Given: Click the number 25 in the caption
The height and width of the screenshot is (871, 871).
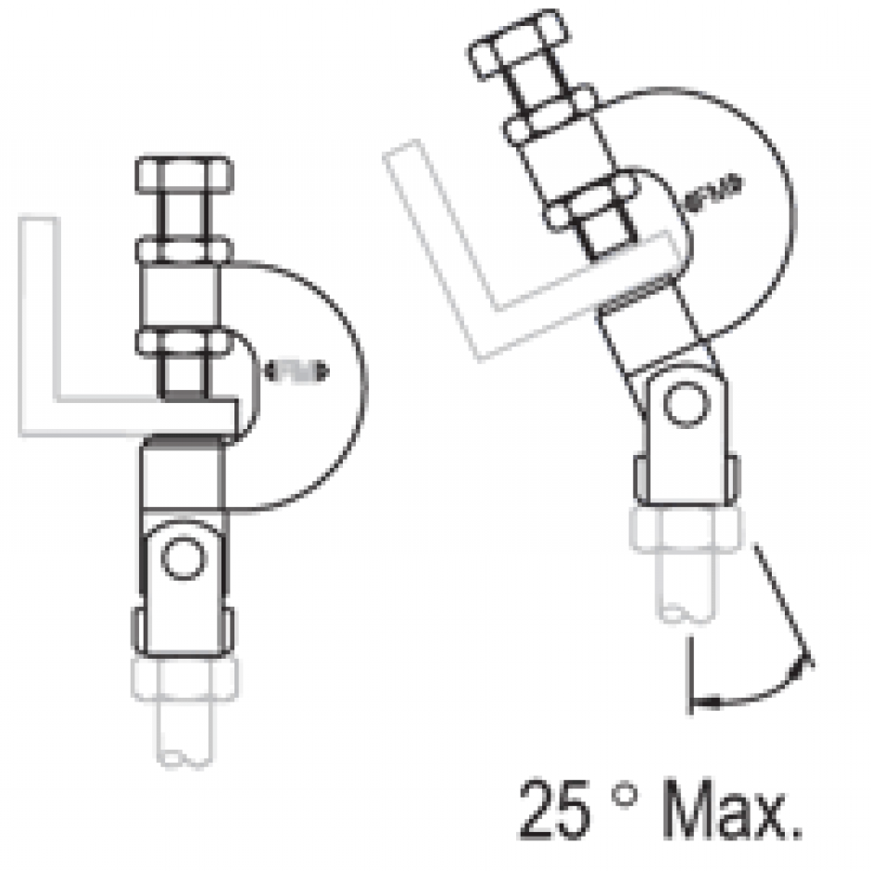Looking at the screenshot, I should point(553,808).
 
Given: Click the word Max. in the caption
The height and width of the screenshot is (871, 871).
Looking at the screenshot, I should point(732,808).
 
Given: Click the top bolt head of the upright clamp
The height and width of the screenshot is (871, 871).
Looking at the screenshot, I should point(183,174).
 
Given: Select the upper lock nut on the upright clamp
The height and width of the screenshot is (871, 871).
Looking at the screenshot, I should point(183,249).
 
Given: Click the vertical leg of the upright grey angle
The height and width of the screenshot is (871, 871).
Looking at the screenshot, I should point(38,315).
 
